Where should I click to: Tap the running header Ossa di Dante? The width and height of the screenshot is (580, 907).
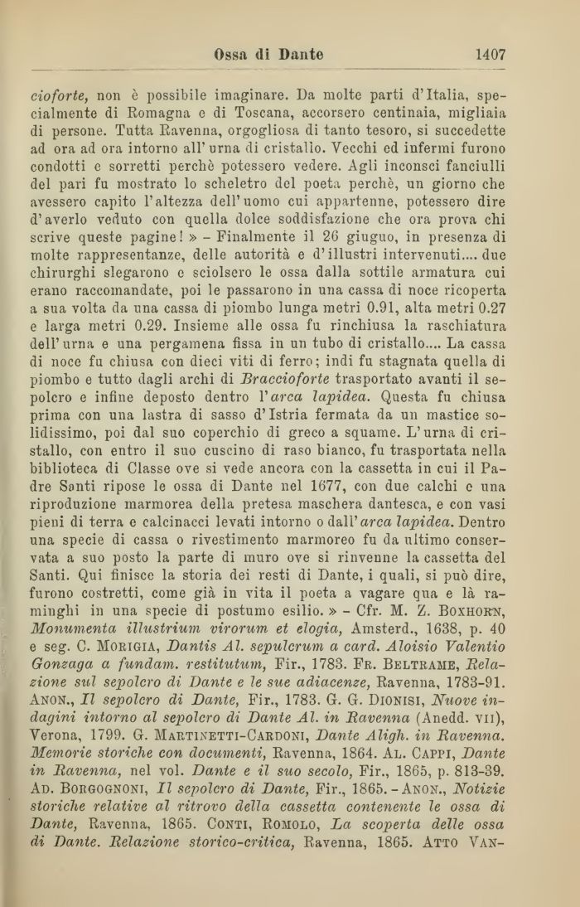click(268, 55)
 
